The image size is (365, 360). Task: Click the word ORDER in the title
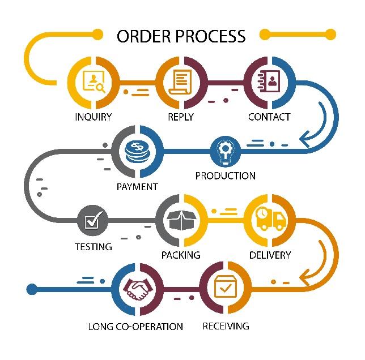click(143, 36)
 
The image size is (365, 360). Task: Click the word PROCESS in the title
click(210, 36)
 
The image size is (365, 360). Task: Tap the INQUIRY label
click(94, 117)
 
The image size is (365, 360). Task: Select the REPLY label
click(181, 117)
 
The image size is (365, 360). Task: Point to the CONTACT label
click(269, 117)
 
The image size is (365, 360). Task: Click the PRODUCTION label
click(226, 175)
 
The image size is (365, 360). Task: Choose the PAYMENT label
click(137, 187)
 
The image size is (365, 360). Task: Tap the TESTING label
click(94, 247)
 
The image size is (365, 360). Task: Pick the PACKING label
click(181, 255)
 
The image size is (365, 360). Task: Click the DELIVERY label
click(270, 255)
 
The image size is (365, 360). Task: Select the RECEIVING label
click(226, 326)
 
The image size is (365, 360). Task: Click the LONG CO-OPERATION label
click(135, 326)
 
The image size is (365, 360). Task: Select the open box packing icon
click(181, 220)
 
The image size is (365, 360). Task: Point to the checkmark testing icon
click(92, 220)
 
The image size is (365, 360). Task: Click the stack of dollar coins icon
click(137, 152)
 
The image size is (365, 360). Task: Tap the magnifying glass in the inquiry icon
click(101, 88)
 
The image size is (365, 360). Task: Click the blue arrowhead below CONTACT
click(305, 139)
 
